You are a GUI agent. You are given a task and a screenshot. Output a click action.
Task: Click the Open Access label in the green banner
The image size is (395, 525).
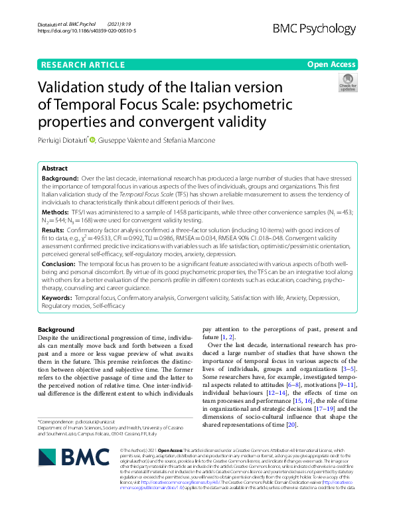click(x=331, y=64)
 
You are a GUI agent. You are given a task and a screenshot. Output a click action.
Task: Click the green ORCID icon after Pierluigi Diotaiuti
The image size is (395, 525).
click(x=92, y=139)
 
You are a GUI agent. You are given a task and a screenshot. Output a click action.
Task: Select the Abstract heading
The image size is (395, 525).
click(x=54, y=169)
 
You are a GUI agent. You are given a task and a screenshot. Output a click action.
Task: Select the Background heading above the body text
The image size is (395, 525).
click(x=56, y=330)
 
